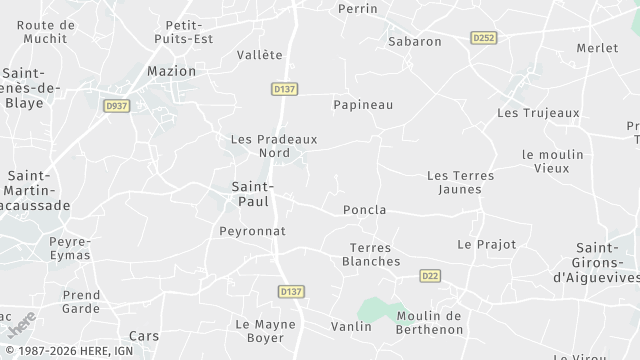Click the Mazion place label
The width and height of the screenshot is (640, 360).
[x=171, y=71]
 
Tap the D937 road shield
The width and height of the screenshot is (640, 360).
[x=116, y=104]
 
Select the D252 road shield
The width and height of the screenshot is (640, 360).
[x=483, y=38]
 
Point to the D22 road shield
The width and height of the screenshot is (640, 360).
[x=431, y=276]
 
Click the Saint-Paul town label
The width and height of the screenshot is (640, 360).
[x=251, y=194]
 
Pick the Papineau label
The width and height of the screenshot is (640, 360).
[x=362, y=104]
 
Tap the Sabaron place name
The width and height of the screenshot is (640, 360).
[x=414, y=42]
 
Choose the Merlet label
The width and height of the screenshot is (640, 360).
[x=597, y=48]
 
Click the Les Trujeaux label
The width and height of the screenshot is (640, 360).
[x=538, y=113]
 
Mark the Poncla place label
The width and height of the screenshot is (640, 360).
[x=364, y=210]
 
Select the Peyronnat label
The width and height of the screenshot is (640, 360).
[x=252, y=231]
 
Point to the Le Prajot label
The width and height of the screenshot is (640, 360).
[x=486, y=244]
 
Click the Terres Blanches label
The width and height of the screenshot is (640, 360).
[x=371, y=254]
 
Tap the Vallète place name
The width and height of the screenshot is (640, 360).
[x=260, y=55]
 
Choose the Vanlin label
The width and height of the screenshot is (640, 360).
[x=351, y=326]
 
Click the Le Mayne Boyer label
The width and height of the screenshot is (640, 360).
[x=260, y=331]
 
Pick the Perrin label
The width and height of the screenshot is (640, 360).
[x=358, y=8]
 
